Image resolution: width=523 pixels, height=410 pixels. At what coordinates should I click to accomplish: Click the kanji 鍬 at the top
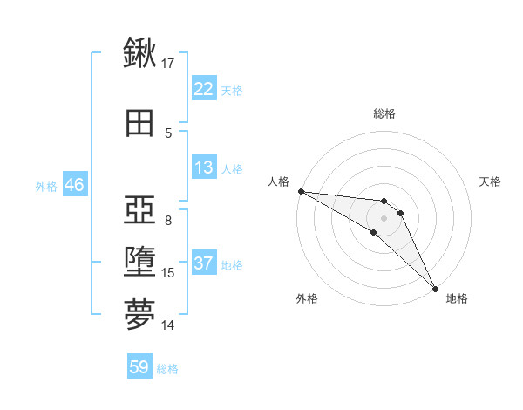[x=140, y=54]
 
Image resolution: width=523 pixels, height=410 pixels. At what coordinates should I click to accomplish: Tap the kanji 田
[x=140, y=123]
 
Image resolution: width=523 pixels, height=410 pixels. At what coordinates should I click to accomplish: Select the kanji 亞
[x=140, y=210]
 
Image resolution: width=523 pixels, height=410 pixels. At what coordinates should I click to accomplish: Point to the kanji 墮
[x=140, y=263]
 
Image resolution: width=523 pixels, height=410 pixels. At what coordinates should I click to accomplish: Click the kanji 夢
[x=140, y=315]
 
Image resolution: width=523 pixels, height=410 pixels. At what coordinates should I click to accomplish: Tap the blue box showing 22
[x=203, y=89]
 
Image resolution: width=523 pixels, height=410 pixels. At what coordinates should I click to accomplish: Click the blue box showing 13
[x=203, y=167]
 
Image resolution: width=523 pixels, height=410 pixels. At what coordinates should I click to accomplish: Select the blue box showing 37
[x=203, y=263]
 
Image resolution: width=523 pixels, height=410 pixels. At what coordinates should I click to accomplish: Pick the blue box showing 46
[x=74, y=185]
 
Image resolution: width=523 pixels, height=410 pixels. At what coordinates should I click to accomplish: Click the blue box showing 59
[x=139, y=367]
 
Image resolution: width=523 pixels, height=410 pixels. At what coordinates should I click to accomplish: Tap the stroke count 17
[x=168, y=64]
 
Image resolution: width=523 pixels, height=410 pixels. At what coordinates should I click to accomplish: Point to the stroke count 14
[x=168, y=325]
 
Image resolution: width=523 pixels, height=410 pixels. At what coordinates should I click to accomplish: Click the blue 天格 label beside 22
[x=232, y=90]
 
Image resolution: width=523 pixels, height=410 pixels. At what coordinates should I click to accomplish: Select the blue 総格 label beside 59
[x=167, y=369]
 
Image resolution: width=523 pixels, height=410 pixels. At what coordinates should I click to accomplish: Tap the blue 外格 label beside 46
[x=46, y=186]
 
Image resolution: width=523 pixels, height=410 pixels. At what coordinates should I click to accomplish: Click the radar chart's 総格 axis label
[x=384, y=113]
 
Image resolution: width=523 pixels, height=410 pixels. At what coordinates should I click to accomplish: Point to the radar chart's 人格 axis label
[x=278, y=181]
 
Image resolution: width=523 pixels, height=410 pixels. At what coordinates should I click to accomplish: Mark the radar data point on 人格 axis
[x=301, y=191]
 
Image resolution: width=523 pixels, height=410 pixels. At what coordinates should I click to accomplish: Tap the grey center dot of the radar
[x=384, y=217]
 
